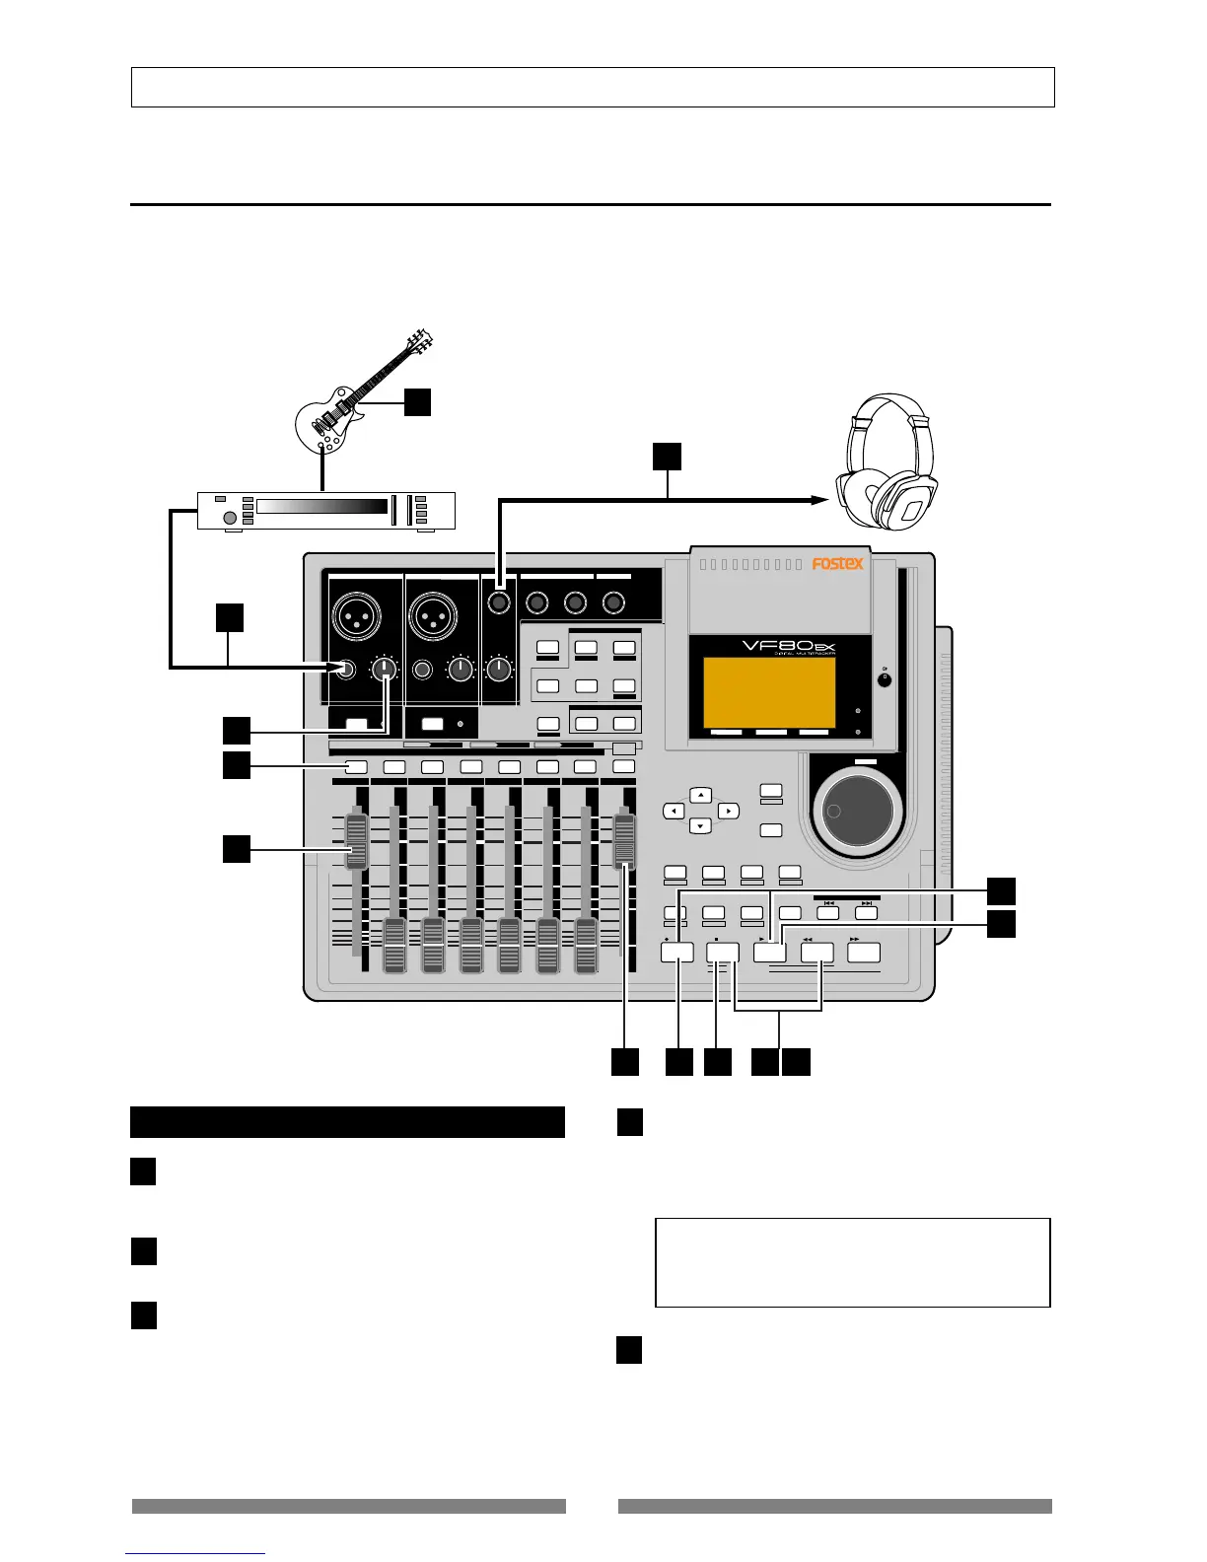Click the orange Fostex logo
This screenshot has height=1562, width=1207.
coord(837,564)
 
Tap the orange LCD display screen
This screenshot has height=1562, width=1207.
coord(769,694)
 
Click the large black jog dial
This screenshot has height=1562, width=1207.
coord(858,811)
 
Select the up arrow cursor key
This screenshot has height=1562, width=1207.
coord(700,795)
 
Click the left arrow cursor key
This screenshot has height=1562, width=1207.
coord(673,811)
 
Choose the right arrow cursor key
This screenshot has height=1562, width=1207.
coord(728,811)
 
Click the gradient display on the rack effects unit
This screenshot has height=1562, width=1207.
coord(321,507)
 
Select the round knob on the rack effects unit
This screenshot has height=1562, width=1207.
coord(230,518)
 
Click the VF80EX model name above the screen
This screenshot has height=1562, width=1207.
coord(789,651)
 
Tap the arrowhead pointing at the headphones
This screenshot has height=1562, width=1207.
coord(818,501)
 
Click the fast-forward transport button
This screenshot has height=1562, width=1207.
coord(864,953)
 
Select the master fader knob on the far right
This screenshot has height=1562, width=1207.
coord(624,840)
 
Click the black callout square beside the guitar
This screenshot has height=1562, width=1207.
coord(418,402)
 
